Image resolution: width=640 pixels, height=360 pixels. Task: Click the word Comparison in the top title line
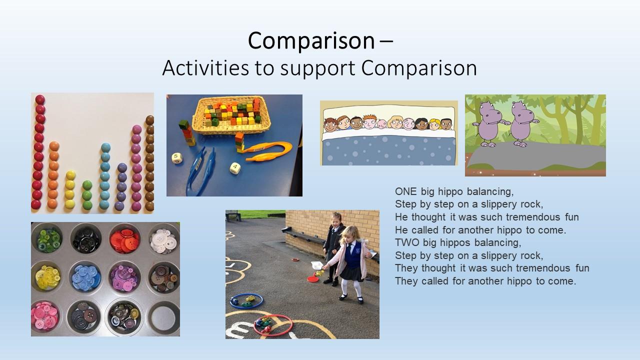click(x=311, y=40)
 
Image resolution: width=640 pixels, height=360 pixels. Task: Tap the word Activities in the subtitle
click(x=205, y=68)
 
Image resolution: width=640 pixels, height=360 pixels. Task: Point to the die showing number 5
click(x=177, y=158)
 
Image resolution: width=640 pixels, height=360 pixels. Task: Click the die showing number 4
click(x=235, y=167)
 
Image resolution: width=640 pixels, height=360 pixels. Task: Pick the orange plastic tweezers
click(x=268, y=151)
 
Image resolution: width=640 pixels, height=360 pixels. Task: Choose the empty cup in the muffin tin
click(x=163, y=318)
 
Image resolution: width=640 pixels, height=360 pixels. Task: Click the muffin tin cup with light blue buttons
click(x=85, y=277)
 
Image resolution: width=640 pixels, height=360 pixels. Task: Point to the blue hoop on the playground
click(x=246, y=301)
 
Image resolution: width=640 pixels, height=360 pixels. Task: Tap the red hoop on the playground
click(x=273, y=325)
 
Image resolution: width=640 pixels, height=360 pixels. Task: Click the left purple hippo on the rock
click(x=488, y=123)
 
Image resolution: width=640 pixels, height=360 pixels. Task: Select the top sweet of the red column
click(x=40, y=99)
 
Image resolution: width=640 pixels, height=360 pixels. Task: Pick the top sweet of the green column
click(x=87, y=185)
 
